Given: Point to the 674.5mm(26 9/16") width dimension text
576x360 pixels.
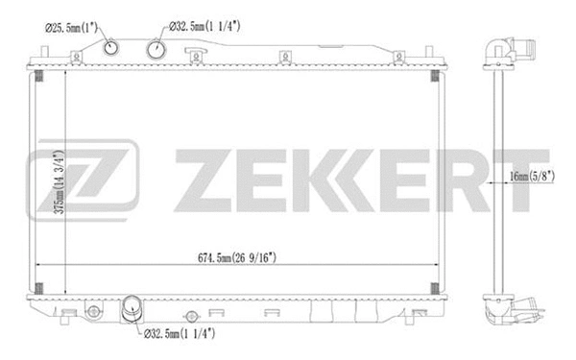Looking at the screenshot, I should (237, 257).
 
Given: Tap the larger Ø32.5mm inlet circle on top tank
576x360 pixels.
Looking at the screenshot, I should (156, 50).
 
